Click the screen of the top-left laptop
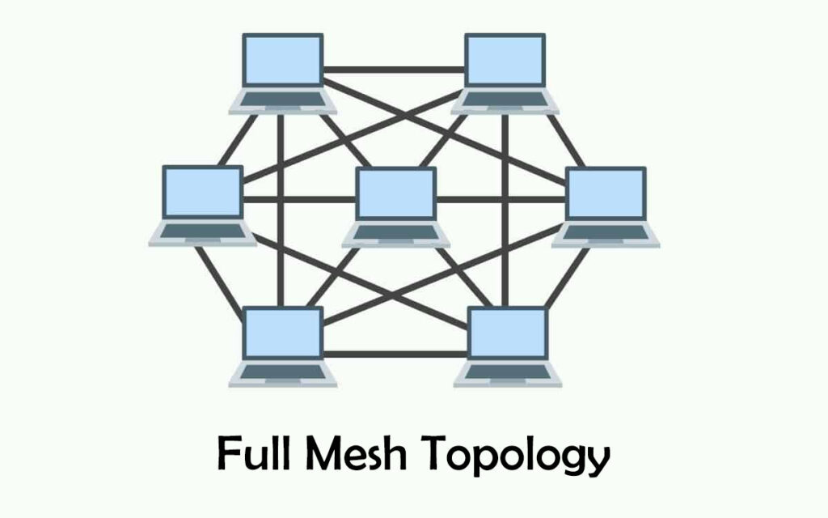pos(283,62)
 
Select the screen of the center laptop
pos(396,194)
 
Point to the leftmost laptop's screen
pos(202,193)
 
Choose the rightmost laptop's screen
pos(606,193)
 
